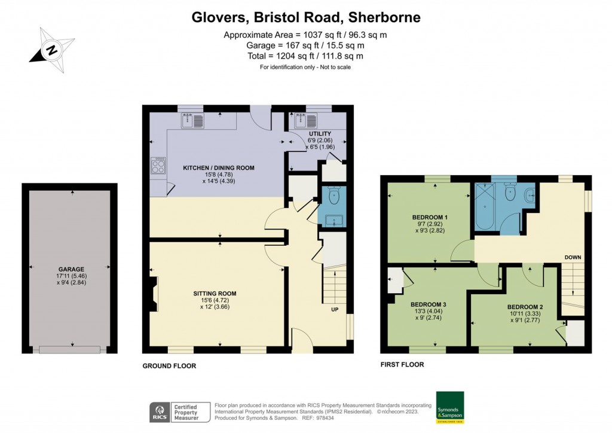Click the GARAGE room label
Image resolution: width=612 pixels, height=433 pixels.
(x=71, y=269)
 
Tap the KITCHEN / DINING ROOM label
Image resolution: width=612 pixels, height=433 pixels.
(x=218, y=168)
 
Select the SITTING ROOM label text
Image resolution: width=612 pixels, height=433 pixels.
(x=215, y=293)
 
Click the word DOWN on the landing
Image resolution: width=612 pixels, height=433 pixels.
(x=573, y=258)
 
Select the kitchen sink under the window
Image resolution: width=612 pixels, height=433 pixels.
(x=192, y=121)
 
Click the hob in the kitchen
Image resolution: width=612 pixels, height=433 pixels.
(x=158, y=166)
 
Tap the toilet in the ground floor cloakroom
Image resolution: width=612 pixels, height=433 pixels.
(x=333, y=196)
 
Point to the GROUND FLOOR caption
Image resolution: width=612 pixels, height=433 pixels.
(x=169, y=365)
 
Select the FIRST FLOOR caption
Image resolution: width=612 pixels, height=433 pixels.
(x=402, y=364)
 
